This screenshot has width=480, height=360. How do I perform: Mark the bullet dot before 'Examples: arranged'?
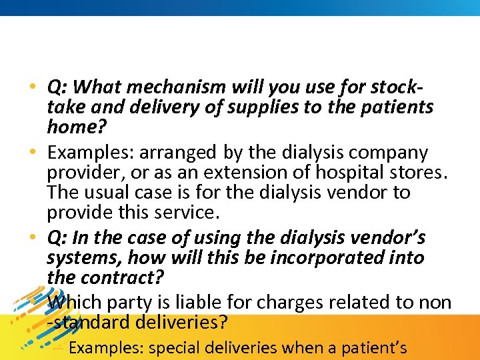33,154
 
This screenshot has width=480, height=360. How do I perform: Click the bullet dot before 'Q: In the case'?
33,239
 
